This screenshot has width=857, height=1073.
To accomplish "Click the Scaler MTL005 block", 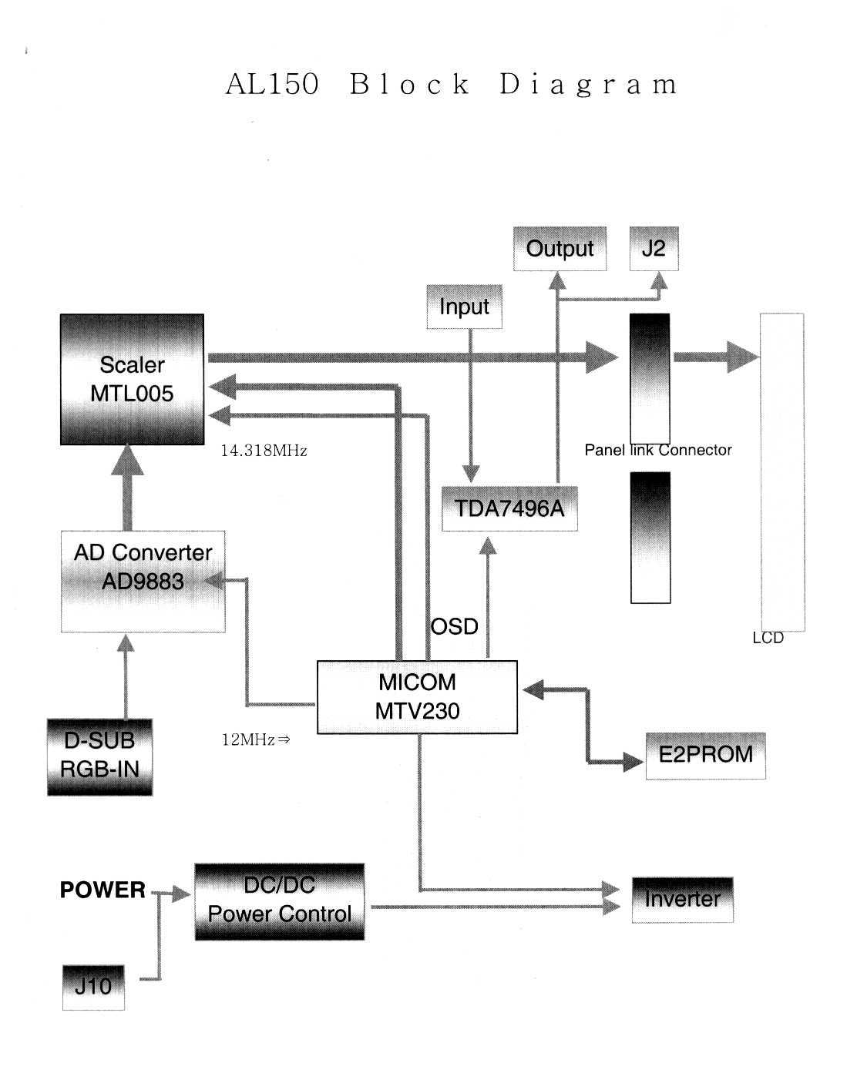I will tap(132, 379).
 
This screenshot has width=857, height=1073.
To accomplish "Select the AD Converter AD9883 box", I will tap(143, 581).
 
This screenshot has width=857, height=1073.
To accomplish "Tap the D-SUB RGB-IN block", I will tap(99, 756).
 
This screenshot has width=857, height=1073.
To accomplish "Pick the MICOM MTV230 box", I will tap(417, 696).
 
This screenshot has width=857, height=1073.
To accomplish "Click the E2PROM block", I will tap(705, 755).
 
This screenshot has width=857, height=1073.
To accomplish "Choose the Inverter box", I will tap(682, 899).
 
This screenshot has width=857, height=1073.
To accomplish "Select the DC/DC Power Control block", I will tap(279, 900).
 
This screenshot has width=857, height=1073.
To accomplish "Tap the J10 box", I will tap(92, 985).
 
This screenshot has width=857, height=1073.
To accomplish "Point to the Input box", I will tap(464, 307).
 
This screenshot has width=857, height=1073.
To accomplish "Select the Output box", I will tap(560, 249).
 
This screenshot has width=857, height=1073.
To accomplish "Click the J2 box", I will tap(654, 249).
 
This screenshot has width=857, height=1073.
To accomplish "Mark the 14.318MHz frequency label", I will tap(264, 451).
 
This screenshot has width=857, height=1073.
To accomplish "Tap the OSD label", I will tap(454, 626).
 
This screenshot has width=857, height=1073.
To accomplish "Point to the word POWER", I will tap(103, 890).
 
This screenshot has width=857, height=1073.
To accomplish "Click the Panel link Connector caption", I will tap(657, 451).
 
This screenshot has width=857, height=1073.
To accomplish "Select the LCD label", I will tap(768, 638).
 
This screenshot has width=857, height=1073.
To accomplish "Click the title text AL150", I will tap(272, 84).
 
